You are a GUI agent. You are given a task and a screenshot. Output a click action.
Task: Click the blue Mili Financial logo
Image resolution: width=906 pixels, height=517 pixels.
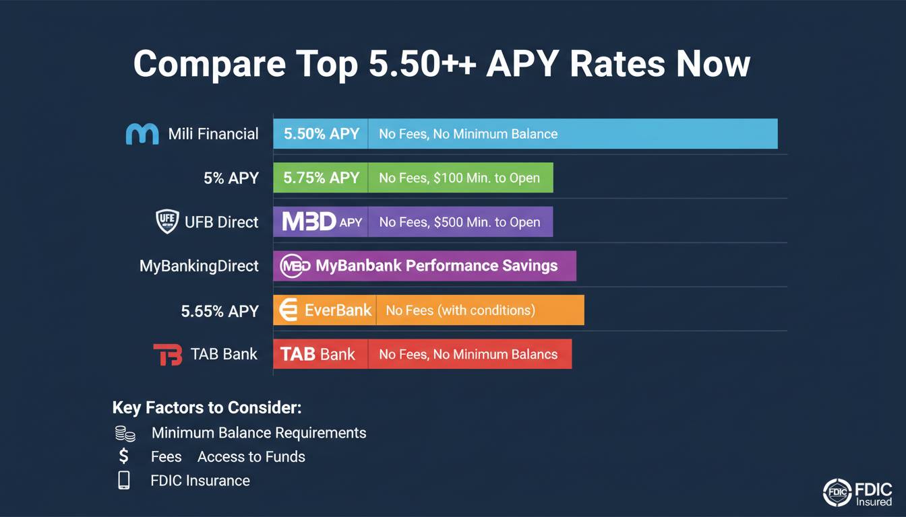[142, 134]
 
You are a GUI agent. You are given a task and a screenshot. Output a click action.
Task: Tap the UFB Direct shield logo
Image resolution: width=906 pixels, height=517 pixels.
[167, 221]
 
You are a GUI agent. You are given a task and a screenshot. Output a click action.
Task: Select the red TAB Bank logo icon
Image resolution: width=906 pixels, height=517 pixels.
[167, 354]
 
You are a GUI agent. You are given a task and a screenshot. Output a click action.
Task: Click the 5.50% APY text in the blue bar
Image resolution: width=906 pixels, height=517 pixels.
[322, 134]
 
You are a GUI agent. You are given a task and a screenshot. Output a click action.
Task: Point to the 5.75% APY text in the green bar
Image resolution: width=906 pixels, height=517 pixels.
[322, 178]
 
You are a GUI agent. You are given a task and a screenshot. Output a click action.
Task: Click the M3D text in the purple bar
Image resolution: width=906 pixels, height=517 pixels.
[309, 221]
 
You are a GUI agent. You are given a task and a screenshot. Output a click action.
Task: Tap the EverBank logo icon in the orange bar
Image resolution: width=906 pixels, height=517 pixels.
[289, 310]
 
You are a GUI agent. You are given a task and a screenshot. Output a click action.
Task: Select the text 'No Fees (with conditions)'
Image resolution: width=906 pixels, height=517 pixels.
[460, 310]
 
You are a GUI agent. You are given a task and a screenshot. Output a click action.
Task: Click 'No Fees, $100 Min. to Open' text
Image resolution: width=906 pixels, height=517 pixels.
[459, 178]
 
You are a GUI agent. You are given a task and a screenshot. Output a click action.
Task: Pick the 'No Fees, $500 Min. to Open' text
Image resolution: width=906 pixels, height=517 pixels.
[460, 221]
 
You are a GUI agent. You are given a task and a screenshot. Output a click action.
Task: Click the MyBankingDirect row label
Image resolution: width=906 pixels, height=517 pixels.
[199, 266]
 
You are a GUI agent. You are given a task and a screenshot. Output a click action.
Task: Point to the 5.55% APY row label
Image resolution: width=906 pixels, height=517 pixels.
[220, 312]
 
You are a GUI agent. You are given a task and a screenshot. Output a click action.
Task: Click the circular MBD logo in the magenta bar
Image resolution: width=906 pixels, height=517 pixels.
[295, 266]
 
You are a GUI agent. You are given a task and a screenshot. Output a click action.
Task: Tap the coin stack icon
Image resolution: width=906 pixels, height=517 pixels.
[125, 434]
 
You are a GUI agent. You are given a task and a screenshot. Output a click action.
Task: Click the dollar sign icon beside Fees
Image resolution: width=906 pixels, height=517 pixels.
[124, 456]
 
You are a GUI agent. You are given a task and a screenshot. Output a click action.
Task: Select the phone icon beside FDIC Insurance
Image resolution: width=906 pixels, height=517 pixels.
[124, 480]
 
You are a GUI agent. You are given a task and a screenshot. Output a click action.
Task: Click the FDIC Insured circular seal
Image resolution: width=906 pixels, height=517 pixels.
[837, 492]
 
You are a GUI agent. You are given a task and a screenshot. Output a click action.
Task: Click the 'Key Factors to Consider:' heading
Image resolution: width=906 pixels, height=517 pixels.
[207, 407]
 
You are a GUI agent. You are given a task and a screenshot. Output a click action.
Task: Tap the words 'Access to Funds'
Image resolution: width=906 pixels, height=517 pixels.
[251, 457]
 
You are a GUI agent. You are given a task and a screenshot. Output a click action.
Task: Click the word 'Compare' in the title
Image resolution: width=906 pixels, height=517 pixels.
[210, 64]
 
